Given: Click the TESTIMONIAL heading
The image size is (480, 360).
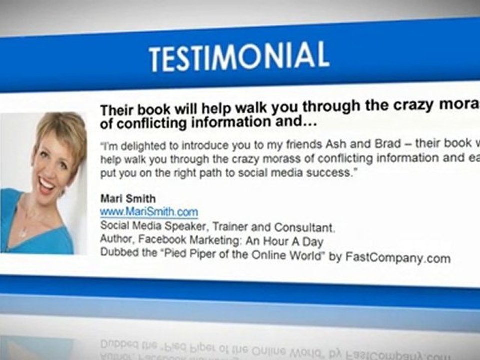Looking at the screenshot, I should tap(239, 56).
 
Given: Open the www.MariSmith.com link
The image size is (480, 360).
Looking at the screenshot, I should tap(149, 212).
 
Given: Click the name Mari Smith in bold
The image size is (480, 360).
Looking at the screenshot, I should tap(128, 199).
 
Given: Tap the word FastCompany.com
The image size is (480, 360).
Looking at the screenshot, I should tap(398, 258).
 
